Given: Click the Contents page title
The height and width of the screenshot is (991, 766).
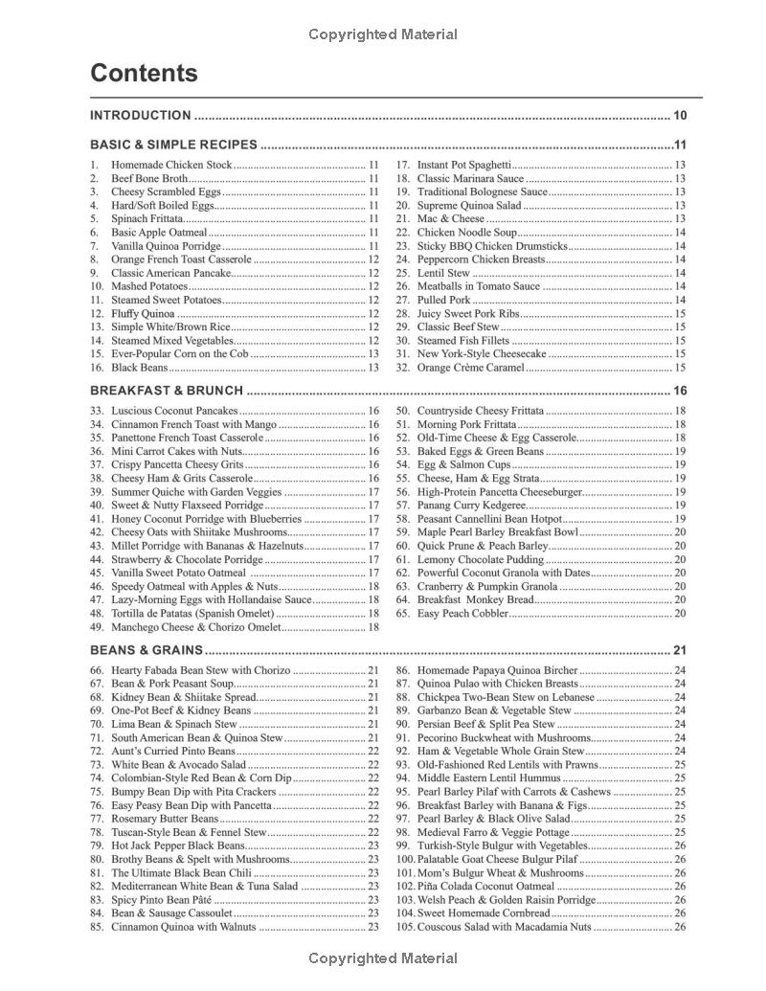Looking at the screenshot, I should (144, 74).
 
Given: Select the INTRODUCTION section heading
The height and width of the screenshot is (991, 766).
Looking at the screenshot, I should (140, 116).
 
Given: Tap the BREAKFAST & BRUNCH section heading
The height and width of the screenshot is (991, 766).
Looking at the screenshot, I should (166, 391).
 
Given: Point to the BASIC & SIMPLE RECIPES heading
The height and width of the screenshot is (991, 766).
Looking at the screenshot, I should (173, 146).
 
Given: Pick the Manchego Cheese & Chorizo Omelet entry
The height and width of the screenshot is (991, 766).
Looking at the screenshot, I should (196, 627).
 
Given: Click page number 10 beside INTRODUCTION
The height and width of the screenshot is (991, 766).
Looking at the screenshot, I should (680, 116).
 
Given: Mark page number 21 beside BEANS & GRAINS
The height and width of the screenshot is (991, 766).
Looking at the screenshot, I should (680, 650).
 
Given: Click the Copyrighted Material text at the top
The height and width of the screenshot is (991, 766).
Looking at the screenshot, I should (383, 34).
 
